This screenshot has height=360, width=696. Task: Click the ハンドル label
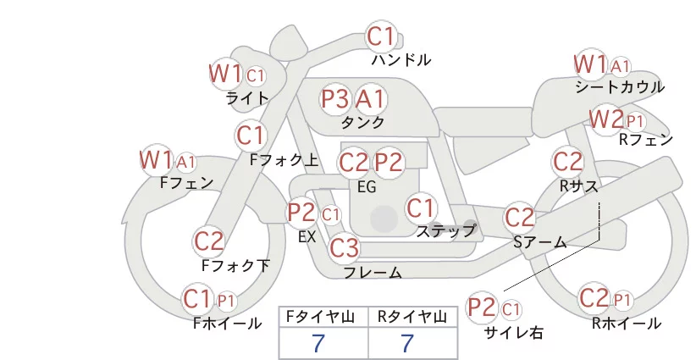(401, 59)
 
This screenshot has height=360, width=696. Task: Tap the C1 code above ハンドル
(381, 36)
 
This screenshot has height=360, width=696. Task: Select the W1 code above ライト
(225, 73)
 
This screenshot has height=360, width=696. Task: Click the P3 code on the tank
(335, 98)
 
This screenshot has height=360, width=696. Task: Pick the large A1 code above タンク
(370, 98)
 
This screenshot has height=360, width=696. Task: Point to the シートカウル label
(620, 87)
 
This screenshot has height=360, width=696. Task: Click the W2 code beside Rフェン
(606, 119)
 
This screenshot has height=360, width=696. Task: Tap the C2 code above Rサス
(567, 162)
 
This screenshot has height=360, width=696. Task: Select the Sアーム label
(540, 242)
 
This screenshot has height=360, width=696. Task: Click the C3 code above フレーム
(345, 247)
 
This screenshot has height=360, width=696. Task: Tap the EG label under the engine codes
(367, 187)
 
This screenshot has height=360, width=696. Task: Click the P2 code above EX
(301, 212)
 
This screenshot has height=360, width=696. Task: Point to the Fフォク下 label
(235, 265)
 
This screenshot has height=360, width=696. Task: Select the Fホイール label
(227, 324)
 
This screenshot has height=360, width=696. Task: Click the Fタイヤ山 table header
(320, 317)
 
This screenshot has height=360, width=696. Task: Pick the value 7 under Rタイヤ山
(407, 342)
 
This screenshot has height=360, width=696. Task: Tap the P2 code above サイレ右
(482, 307)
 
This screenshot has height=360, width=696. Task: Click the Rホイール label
(627, 324)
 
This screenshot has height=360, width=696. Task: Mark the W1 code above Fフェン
(156, 160)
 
